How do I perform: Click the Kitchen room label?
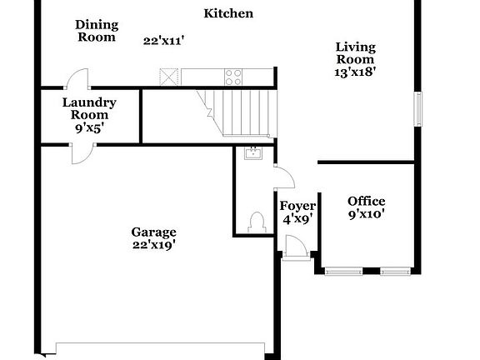228,13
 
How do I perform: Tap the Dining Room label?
97,31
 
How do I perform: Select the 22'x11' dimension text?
162,39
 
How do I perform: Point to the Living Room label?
355,53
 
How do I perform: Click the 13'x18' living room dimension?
355,72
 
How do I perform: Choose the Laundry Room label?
89,109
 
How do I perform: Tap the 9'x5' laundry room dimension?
89,129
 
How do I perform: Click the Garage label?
153,232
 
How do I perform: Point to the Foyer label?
297,206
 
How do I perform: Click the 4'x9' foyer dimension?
297,219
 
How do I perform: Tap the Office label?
366,201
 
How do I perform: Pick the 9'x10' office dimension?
366,213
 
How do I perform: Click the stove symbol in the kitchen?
233,77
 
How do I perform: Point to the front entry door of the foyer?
294,247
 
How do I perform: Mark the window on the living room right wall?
419,108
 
